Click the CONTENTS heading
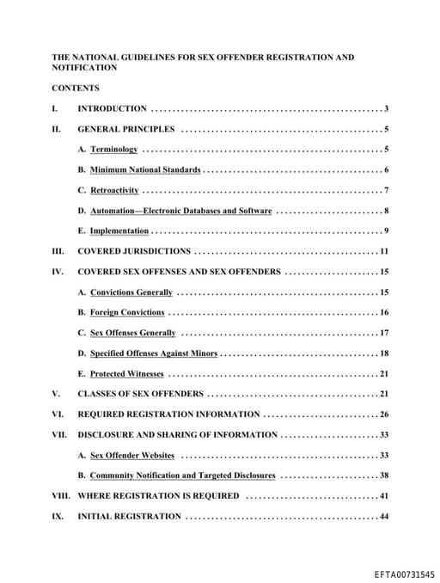click(x=75, y=88)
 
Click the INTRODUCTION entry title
click(x=112, y=108)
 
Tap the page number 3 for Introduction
click(x=387, y=108)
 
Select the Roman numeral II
click(x=56, y=129)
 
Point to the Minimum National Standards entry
click(x=145, y=170)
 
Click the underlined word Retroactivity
click(x=114, y=190)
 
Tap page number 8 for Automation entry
click(x=387, y=211)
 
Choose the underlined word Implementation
click(x=119, y=231)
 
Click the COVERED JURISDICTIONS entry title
click(x=134, y=251)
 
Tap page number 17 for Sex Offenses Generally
click(x=384, y=333)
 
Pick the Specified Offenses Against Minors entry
click(x=153, y=353)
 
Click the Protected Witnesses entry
click(x=126, y=374)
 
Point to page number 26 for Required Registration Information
click(x=384, y=414)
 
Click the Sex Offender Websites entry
click(x=132, y=455)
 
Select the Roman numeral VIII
click(x=60, y=496)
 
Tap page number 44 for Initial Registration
click(x=384, y=517)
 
